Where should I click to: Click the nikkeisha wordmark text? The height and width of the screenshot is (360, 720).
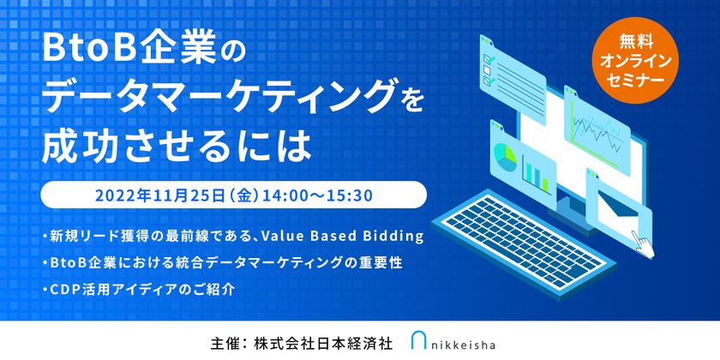(464, 345)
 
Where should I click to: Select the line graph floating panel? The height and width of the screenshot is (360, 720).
(597, 123)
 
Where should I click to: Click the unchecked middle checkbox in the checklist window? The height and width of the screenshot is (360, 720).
(487, 69)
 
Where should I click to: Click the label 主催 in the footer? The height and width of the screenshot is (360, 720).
(223, 344)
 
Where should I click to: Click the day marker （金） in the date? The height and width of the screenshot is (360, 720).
(249, 195)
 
